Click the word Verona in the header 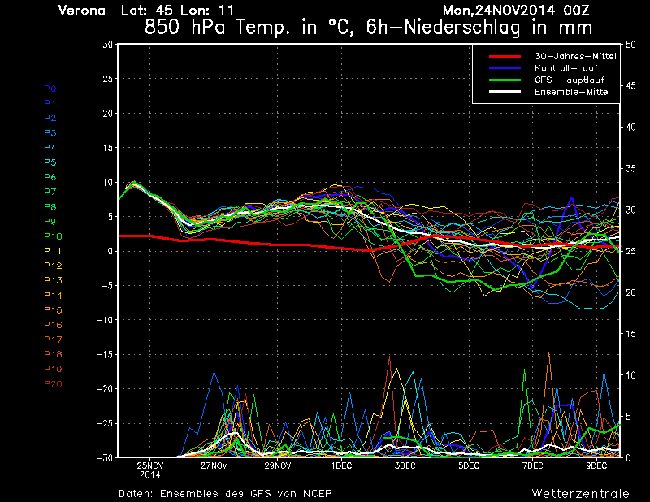[82, 11]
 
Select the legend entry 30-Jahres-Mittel [574, 56]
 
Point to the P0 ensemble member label [50, 89]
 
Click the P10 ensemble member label [52, 236]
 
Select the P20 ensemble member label [52, 384]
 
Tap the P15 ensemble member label [52, 310]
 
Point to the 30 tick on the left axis [107, 45]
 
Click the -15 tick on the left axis [103, 355]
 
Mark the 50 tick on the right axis [630, 45]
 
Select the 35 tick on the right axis [630, 169]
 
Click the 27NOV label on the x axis [214, 466]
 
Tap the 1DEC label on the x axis [341, 466]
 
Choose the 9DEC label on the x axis [597, 466]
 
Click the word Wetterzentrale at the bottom [580, 493]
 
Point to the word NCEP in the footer [317, 493]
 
